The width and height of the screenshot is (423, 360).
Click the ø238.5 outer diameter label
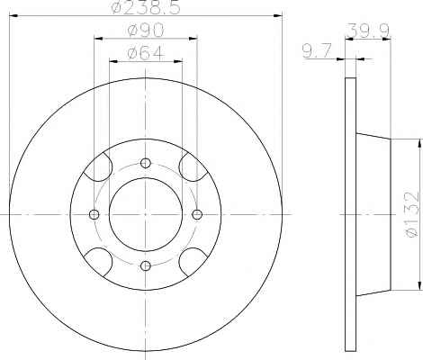(146, 7)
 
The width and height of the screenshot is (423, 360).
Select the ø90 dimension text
(146, 31)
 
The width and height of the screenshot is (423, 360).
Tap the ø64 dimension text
(146, 53)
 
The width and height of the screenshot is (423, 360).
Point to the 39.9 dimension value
(369, 31)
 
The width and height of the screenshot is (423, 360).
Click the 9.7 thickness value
(317, 50)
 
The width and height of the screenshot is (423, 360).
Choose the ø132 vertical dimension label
(411, 214)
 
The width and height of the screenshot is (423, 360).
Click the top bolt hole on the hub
(146, 163)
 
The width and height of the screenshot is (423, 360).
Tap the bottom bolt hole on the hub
(146, 265)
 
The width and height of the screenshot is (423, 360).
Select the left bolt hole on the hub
(94, 214)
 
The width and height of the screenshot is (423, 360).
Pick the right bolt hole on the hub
(197, 214)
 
